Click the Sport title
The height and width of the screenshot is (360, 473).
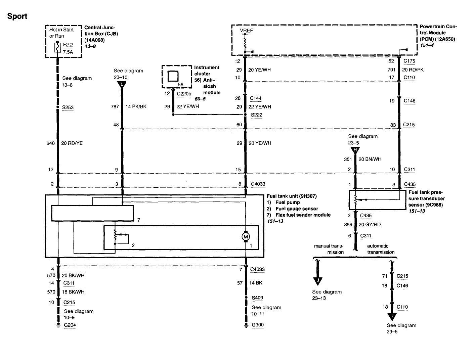pyautogui.click(x=17, y=16)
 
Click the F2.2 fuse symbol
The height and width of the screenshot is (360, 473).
pyautogui.click(x=57, y=48)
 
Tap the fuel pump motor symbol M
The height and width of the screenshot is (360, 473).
pyautogui.click(x=246, y=237)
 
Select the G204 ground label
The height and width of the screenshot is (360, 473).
pyautogui.click(x=70, y=325)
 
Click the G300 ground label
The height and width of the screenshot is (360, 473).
pyautogui.click(x=258, y=325)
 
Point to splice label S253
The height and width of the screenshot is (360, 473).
pyautogui.click(x=68, y=107)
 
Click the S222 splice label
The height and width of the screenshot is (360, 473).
pyautogui.click(x=257, y=115)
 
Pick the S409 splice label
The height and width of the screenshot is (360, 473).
pyautogui.click(x=257, y=298)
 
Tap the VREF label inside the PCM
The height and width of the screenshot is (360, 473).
pyautogui.click(x=246, y=31)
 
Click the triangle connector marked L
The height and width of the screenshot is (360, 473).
pyautogui.click(x=122, y=85)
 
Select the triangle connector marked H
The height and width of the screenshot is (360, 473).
pyautogui.click(x=355, y=150)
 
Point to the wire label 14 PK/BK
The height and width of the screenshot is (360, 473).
pyautogui.click(x=136, y=106)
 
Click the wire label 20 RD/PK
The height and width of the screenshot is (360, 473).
pyautogui.click(x=413, y=70)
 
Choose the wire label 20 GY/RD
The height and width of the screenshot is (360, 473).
pyautogui.click(x=370, y=225)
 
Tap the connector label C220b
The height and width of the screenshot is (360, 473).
pyautogui.click(x=184, y=94)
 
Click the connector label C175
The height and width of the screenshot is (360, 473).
pyautogui.click(x=409, y=61)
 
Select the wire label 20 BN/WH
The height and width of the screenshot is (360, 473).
pyautogui.click(x=370, y=159)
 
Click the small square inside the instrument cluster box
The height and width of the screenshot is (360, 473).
pyautogui.click(x=173, y=77)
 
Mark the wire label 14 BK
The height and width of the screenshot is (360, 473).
pyautogui.click(x=256, y=283)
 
